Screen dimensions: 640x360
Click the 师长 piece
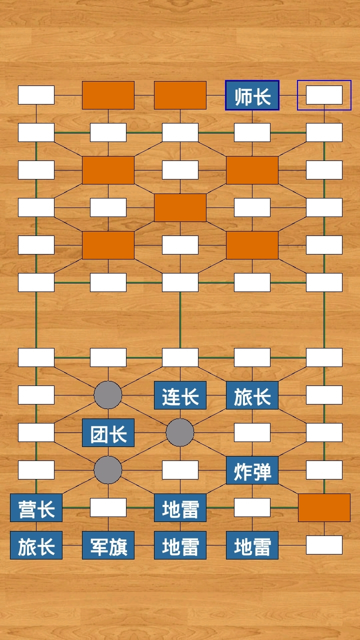252,95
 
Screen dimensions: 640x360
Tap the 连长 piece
180,395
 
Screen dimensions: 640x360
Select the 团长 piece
108,433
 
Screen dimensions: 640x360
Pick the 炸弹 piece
252,470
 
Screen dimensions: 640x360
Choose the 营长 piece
36,508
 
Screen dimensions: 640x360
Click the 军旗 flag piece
108,545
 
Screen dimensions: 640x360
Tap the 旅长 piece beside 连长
252,395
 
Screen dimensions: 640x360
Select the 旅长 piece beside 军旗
36,545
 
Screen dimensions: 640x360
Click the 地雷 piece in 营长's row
180,508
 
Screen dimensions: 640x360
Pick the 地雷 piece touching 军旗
180,545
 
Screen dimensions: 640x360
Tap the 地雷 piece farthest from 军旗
252,545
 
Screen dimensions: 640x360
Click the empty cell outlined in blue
324,95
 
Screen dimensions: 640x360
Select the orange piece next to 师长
180,95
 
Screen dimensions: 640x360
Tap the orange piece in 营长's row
324,507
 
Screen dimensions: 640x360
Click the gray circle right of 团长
180,432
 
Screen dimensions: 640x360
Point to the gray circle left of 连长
108,395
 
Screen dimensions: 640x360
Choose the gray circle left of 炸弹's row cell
108,470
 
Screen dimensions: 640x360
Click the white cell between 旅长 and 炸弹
252,432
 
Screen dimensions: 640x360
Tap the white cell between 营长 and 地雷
108,507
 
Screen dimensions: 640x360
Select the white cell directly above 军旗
108,507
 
